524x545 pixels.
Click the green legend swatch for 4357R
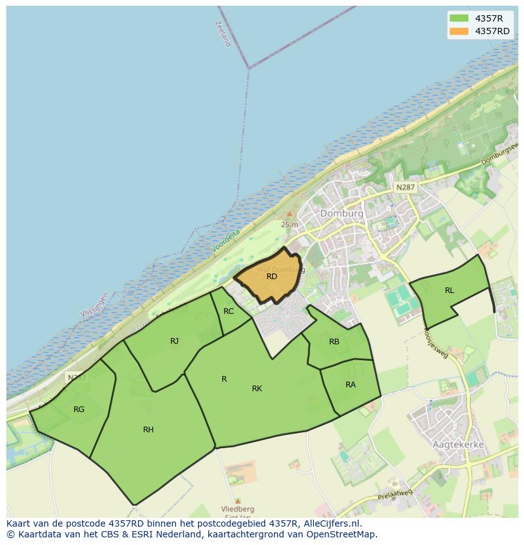pyautogui.click(x=459, y=18)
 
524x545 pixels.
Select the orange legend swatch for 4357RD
pyautogui.click(x=459, y=31)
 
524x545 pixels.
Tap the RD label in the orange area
pyautogui.click(x=271, y=277)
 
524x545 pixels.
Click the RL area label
pyautogui.click(x=449, y=291)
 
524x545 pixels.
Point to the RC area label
pyautogui.click(x=228, y=311)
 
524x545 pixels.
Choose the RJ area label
pyautogui.click(x=174, y=341)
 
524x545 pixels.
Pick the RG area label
pyautogui.click(x=78, y=410)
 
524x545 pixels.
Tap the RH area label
pyautogui.click(x=148, y=430)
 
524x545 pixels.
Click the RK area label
pyautogui.click(x=257, y=389)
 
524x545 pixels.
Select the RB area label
pyautogui.click(x=334, y=342)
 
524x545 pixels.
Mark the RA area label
pyautogui.click(x=351, y=385)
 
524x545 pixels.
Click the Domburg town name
pyautogui.click(x=342, y=213)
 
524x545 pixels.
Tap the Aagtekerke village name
pyautogui.click(x=458, y=444)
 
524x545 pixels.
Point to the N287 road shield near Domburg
pyautogui.click(x=405, y=188)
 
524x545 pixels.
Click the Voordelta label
pyautogui.click(x=227, y=241)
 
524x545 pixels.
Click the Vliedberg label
pyautogui.click(x=237, y=509)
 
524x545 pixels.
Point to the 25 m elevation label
pyautogui.click(x=289, y=225)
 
